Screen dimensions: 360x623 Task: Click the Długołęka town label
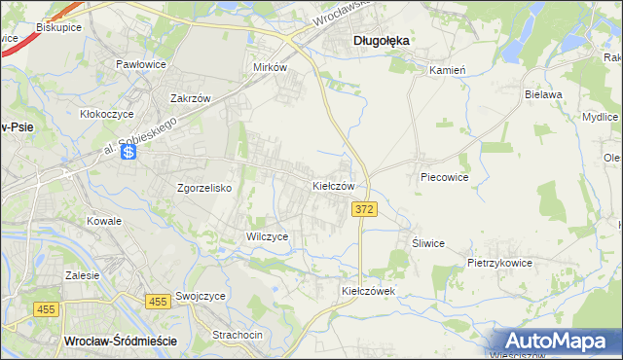(380, 40)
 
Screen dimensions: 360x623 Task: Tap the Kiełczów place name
(339, 185)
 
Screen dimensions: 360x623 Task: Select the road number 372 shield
(364, 210)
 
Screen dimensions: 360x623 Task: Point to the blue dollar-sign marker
(128, 153)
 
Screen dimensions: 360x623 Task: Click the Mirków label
(270, 68)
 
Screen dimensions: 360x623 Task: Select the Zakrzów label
(191, 98)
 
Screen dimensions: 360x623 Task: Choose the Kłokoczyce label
(106, 114)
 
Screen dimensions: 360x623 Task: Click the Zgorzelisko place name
(203, 188)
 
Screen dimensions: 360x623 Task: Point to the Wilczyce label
(267, 236)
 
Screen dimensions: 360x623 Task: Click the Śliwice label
(427, 243)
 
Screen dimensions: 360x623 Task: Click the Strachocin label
(238, 335)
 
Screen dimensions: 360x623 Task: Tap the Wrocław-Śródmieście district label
(119, 341)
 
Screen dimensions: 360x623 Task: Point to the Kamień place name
(449, 70)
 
